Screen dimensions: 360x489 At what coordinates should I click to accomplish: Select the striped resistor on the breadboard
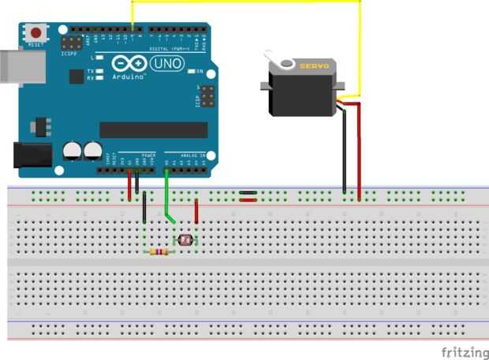coord(160,252)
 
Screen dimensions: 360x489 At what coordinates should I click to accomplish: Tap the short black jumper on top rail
coord(248,192)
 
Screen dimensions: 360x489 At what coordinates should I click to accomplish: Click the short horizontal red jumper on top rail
coord(248,200)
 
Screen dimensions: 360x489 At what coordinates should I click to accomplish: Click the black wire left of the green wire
coord(144,209)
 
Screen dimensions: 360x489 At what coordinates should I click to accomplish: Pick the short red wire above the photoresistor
coord(196,212)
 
